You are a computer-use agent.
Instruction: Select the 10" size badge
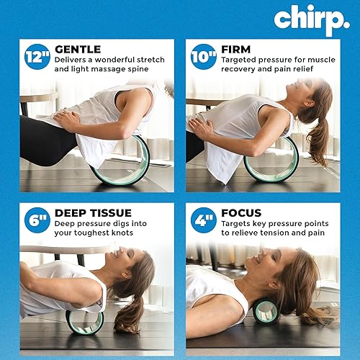204,56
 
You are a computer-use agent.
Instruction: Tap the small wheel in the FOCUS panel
265,311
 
